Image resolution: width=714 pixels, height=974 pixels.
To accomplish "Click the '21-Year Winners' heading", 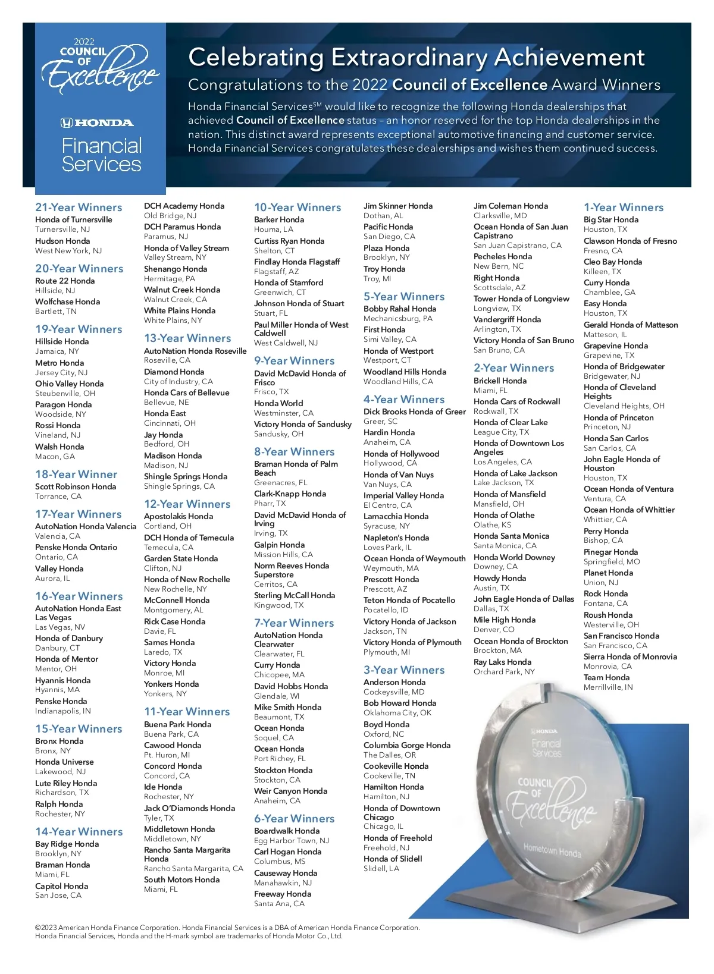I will (x=79, y=208).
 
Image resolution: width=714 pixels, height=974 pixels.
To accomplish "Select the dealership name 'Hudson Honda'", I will (x=62, y=241).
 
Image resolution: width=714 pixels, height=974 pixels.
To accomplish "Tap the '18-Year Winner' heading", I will (x=76, y=475).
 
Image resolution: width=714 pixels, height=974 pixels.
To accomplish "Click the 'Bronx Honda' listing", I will (x=59, y=741).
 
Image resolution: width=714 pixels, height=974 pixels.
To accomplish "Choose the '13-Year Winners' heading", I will (x=187, y=338).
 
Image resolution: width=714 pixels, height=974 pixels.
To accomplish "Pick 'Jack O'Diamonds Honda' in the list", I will (x=189, y=808).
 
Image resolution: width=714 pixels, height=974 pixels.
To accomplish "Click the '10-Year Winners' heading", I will (x=297, y=208).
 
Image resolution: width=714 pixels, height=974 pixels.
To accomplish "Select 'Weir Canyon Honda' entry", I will (x=290, y=791).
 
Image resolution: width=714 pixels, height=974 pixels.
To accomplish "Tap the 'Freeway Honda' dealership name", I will (x=283, y=894).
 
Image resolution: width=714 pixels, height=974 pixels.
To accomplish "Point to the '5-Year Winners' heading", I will (x=404, y=297).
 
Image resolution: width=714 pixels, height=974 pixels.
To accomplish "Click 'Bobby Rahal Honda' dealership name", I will (x=400, y=309).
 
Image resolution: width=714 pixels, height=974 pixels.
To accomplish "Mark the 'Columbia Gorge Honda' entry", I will (x=407, y=745).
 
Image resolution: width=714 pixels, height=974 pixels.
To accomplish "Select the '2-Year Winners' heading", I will (x=513, y=368).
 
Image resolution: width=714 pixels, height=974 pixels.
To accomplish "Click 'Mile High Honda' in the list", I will (x=505, y=620).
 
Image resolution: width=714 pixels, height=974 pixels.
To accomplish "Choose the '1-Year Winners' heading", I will (x=624, y=208).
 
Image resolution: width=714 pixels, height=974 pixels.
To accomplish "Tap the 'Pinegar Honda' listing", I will (x=610, y=552).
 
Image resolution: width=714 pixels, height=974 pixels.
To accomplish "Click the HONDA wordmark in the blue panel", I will (x=98, y=123).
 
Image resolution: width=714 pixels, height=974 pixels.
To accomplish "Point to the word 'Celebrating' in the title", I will (x=256, y=58).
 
